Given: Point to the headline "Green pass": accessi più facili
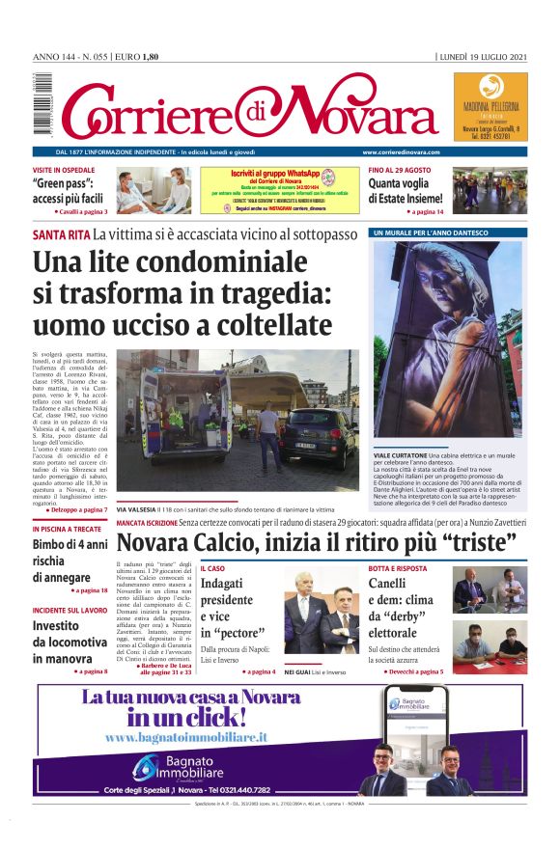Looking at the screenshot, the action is (x=70, y=191).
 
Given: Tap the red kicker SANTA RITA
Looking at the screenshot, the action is (x=61, y=234).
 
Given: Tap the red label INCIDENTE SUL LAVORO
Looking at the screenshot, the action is (x=69, y=611).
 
